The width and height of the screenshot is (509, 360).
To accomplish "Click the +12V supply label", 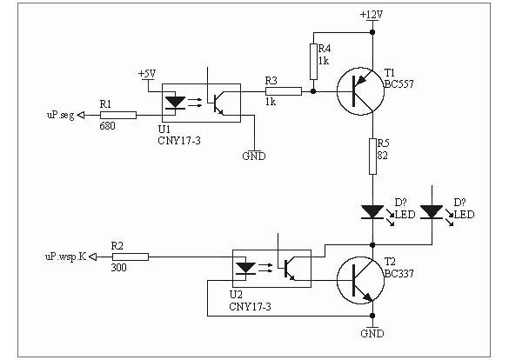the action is pos(372,15).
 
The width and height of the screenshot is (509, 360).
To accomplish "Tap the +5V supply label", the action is pos(147,74).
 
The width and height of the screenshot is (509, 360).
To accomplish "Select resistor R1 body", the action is pos(118,115).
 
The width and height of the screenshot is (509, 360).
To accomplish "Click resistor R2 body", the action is pos(131,257).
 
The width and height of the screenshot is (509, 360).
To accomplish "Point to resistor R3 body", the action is pos(284,91).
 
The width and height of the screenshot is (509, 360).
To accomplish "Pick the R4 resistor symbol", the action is pos(313,62).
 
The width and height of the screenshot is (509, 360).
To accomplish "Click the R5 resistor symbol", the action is pos(372,157).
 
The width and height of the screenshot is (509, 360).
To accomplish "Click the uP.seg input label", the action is pos(61,115).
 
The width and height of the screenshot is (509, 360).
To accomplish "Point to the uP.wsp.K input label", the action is pos(66,257).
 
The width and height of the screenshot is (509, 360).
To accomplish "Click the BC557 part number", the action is pos(399,84).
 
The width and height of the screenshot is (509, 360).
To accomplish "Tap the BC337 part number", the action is pos(399,274).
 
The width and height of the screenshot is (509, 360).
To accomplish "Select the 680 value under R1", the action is pos(107,126).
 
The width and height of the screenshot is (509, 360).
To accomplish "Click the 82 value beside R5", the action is pos(382,156).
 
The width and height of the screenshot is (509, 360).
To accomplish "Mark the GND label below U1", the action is pos(254,157).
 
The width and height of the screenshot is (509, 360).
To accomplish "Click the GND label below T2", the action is pos(372,333).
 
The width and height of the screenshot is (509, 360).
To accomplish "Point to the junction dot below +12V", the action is pos(372,32).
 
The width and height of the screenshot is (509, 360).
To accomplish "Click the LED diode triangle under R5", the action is pos(372,212).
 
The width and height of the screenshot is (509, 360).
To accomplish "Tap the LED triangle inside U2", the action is pos(245,268).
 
